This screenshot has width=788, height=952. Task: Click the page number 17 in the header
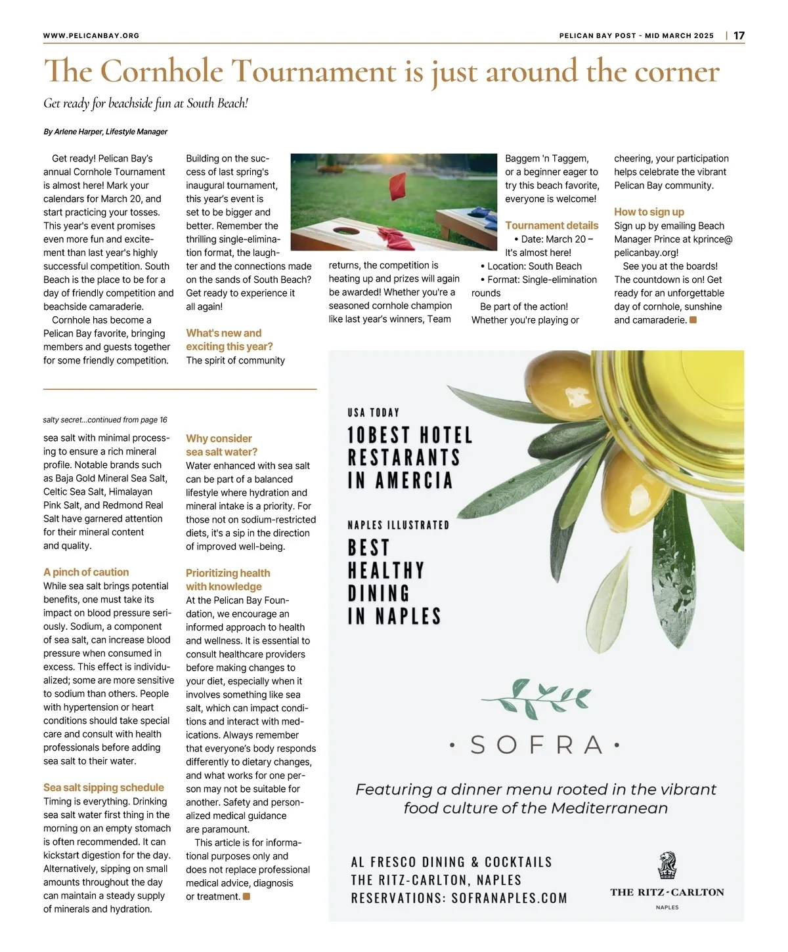(739, 35)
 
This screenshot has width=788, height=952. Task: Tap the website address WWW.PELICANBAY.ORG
(91, 35)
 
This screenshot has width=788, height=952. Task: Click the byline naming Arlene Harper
(105, 131)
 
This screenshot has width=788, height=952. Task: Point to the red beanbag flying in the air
(399, 186)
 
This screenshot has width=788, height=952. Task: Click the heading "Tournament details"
(552, 225)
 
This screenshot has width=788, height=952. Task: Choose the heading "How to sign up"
(649, 212)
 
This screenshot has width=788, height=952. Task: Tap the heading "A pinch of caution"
(86, 572)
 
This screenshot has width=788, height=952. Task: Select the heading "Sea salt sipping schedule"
(104, 787)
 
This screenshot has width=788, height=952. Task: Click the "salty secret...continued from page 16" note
(105, 420)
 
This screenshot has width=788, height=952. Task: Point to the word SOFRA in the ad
(536, 745)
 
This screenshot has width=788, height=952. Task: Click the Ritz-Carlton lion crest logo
(667, 865)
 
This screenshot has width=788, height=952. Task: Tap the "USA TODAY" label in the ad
(374, 413)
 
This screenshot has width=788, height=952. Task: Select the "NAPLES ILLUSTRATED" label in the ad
(399, 525)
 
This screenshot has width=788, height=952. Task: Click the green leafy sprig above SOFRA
(536, 698)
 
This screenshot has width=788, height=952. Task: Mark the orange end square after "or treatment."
(247, 896)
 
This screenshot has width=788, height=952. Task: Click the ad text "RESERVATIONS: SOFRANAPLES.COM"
(459, 898)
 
